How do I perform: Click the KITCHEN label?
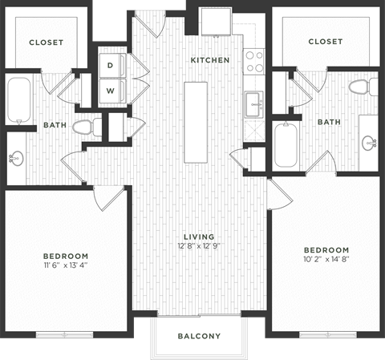click(x=209, y=60)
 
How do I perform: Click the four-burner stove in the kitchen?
click(x=254, y=62)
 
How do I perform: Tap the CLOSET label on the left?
click(x=46, y=42)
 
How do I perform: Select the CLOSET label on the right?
click(x=325, y=42)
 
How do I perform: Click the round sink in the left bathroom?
click(x=15, y=157)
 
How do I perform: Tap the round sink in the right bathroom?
click(x=370, y=144)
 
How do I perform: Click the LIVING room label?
click(x=197, y=237)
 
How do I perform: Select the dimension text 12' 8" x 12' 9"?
click(x=197, y=247)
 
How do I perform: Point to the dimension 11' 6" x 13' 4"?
click(x=67, y=268)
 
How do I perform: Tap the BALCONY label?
click(x=198, y=336)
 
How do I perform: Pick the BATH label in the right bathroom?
click(x=329, y=122)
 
